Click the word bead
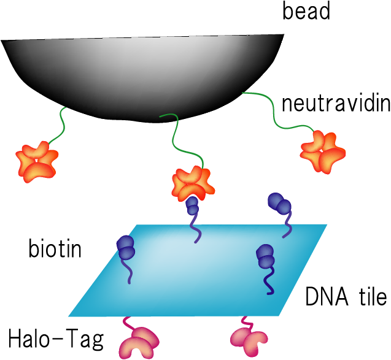tap(306, 12)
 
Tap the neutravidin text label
tap(335, 102)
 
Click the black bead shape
tap(141, 74)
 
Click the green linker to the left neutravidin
tap(59, 126)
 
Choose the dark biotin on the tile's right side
tap(266, 258)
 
